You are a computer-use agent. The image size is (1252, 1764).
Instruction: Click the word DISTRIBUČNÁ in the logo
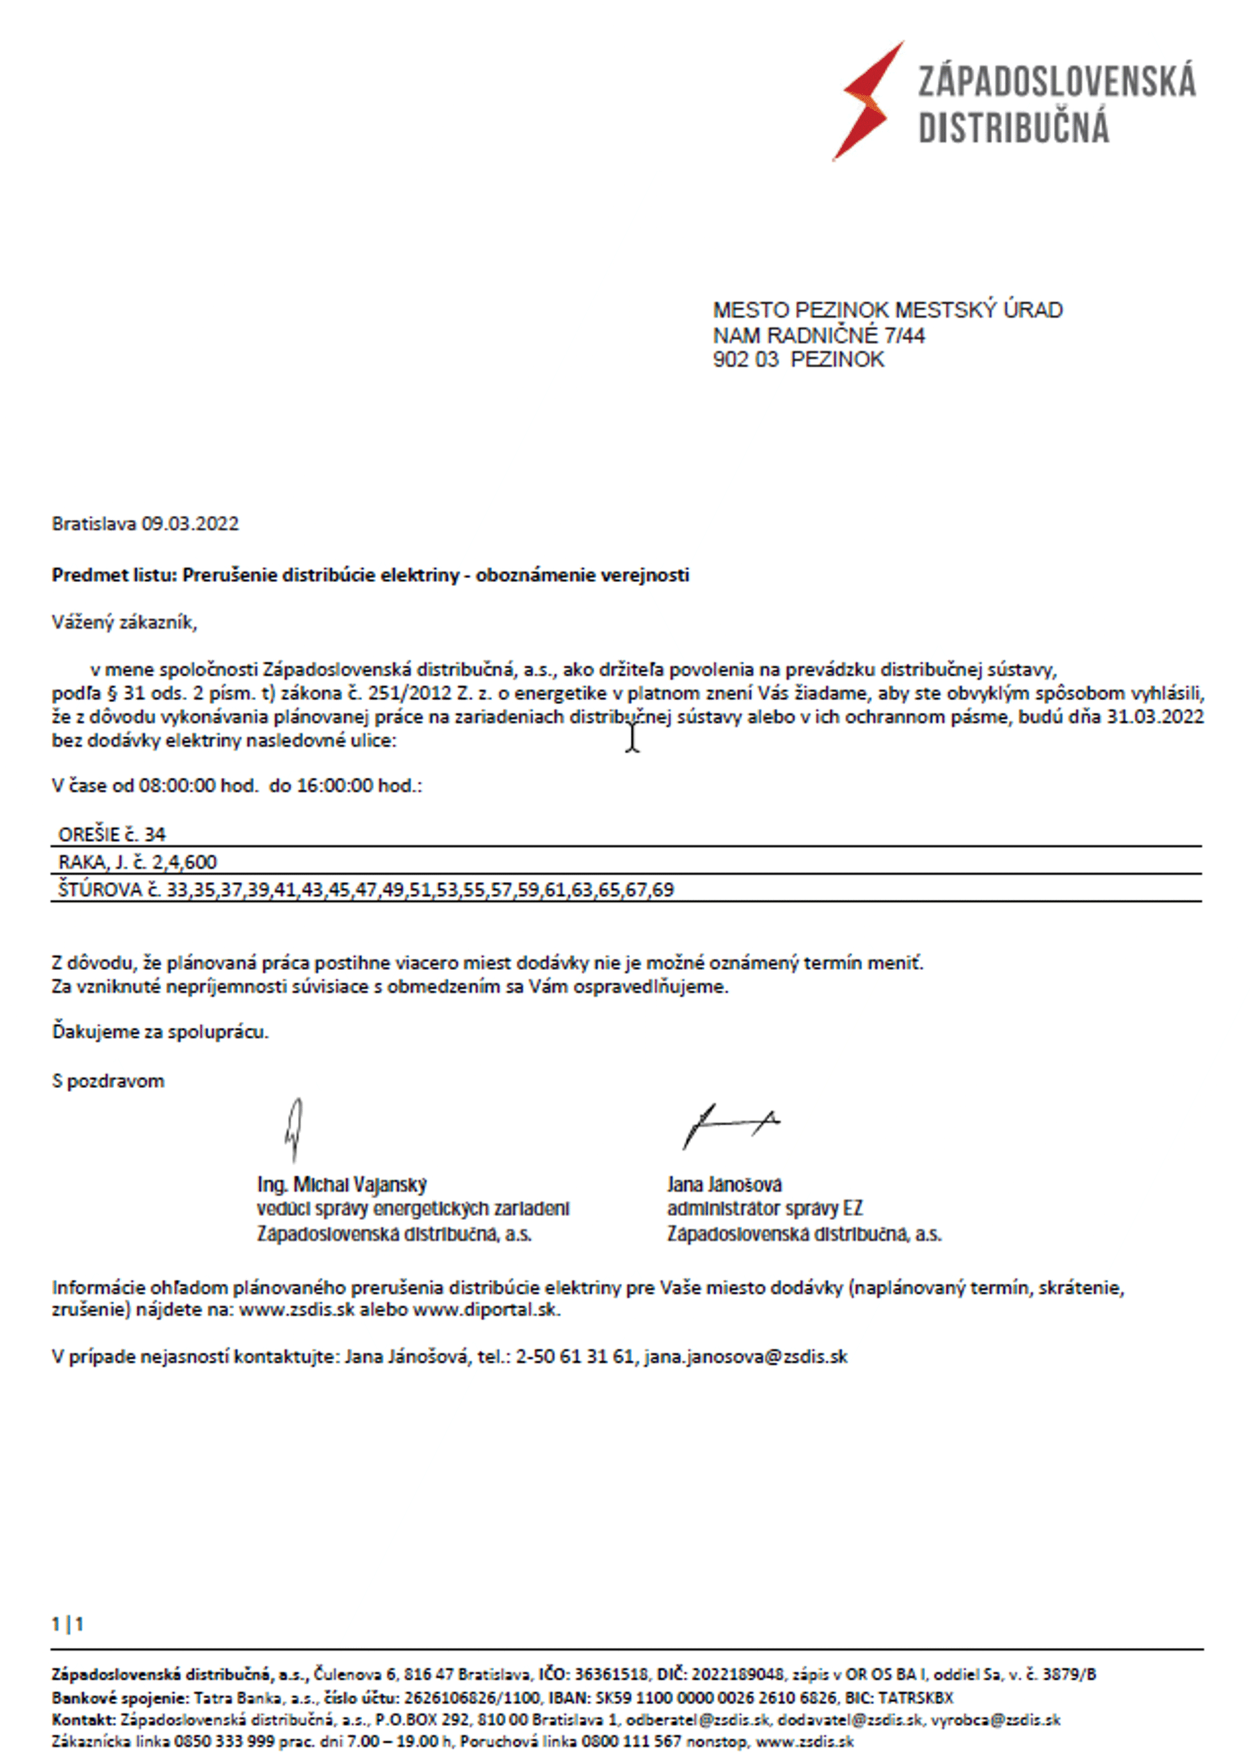pyautogui.click(x=1013, y=127)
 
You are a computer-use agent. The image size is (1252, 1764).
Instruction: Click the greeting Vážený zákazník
pyautogui.click(x=124, y=623)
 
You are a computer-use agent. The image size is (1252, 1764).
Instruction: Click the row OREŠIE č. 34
pyautogui.click(x=113, y=834)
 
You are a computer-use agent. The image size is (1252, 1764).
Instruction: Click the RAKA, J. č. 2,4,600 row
pyautogui.click(x=138, y=862)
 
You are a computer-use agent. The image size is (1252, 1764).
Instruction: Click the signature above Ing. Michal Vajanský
pyautogui.click(x=294, y=1129)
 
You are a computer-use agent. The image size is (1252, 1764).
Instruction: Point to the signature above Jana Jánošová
pyautogui.click(x=729, y=1125)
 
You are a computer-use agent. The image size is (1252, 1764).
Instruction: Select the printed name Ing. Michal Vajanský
pyautogui.click(x=341, y=1185)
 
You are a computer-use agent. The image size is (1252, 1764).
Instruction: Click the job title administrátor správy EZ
pyautogui.click(x=765, y=1208)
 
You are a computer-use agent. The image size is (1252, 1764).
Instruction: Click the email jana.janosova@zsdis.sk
pyautogui.click(x=745, y=1356)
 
